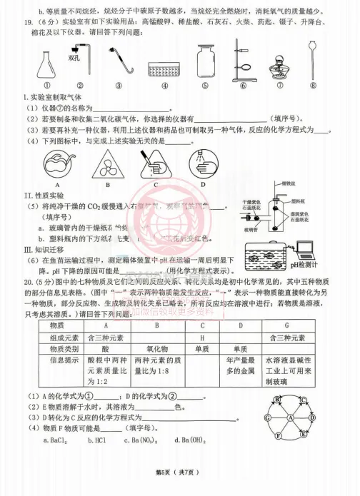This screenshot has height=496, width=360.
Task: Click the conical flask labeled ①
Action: [48, 66]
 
